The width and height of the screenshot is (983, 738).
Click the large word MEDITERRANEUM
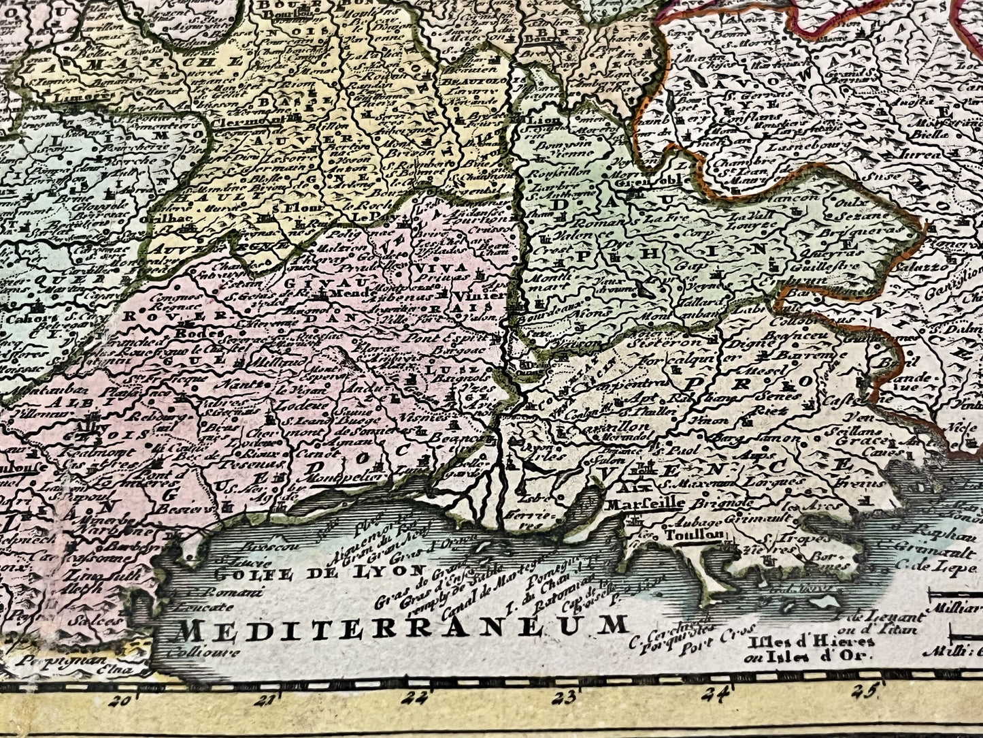coord(400,626)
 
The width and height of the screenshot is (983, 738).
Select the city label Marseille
coord(644,504)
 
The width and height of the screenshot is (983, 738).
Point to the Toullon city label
coord(701,535)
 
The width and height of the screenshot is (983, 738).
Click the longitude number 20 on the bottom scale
coord(123,700)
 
